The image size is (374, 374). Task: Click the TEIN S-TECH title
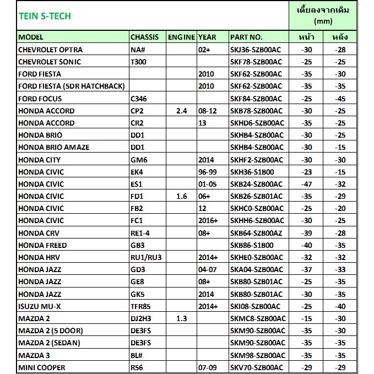45,16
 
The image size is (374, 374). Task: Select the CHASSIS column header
144,37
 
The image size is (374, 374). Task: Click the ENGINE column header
181,37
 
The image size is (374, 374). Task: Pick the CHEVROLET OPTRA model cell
51,50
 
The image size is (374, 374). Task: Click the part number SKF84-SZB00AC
256,99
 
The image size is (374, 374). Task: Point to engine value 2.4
181,111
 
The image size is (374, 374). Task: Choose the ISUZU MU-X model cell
40,306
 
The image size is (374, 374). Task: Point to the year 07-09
208,367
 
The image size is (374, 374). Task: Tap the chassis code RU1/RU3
146,257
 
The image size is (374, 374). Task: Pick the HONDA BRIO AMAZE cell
54,147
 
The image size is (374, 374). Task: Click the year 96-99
208,172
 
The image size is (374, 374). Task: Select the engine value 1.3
181,318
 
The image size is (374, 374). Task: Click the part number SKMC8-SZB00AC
257,318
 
